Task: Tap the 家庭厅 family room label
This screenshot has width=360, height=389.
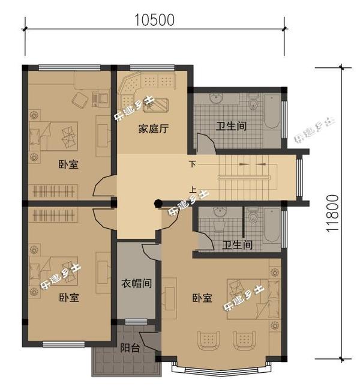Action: (x=153, y=128)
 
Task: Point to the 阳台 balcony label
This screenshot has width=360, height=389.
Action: (x=130, y=348)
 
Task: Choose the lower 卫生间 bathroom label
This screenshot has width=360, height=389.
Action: (x=237, y=246)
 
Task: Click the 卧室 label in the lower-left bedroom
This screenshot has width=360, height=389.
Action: (x=69, y=297)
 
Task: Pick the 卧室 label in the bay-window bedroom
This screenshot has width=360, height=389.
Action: (x=202, y=297)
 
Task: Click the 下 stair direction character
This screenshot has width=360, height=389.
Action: (x=193, y=164)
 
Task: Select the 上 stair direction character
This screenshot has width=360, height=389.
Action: (x=193, y=187)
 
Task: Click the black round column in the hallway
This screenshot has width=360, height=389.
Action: (x=158, y=203)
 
